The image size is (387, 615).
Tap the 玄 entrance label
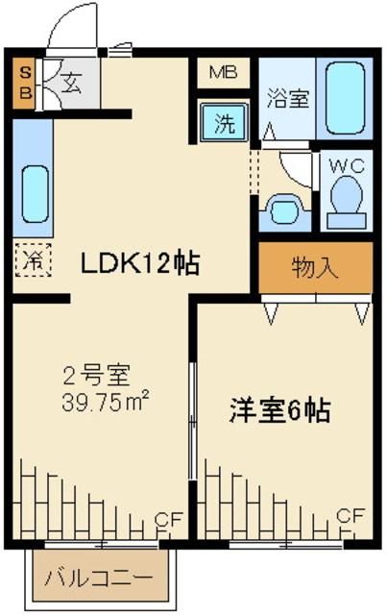(x=73, y=84)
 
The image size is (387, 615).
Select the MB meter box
(x=223, y=73)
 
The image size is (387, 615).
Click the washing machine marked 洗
(x=224, y=122)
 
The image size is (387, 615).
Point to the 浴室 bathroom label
(x=288, y=98)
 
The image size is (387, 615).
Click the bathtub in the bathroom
(x=345, y=98)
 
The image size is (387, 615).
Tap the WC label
(x=347, y=166)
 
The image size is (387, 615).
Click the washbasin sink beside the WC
(x=285, y=211)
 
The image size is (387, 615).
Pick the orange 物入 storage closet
(x=315, y=267)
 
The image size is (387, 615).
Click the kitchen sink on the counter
(x=35, y=194)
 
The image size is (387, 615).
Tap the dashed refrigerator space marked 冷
(x=34, y=259)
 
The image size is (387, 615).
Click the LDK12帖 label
(x=140, y=263)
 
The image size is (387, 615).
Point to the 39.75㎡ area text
(x=105, y=401)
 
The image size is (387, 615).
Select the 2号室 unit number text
(x=96, y=375)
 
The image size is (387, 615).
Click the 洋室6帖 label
(x=280, y=410)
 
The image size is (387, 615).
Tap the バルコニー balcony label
(x=98, y=578)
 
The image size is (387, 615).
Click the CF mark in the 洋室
(x=351, y=515)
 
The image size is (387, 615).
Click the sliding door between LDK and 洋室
(x=192, y=421)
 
